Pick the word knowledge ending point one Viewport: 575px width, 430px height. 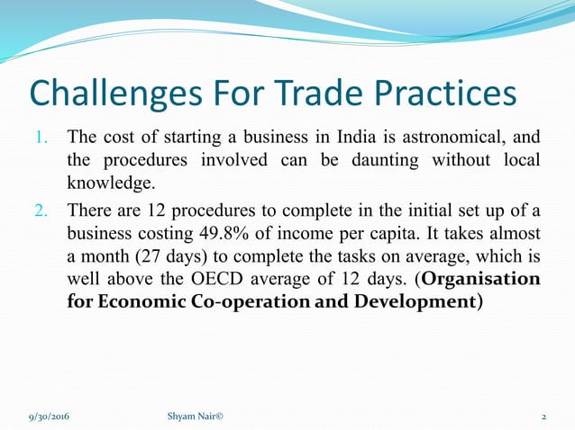click(110, 184)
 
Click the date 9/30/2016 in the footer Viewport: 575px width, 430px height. click(49, 416)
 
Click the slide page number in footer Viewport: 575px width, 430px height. click(543, 416)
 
